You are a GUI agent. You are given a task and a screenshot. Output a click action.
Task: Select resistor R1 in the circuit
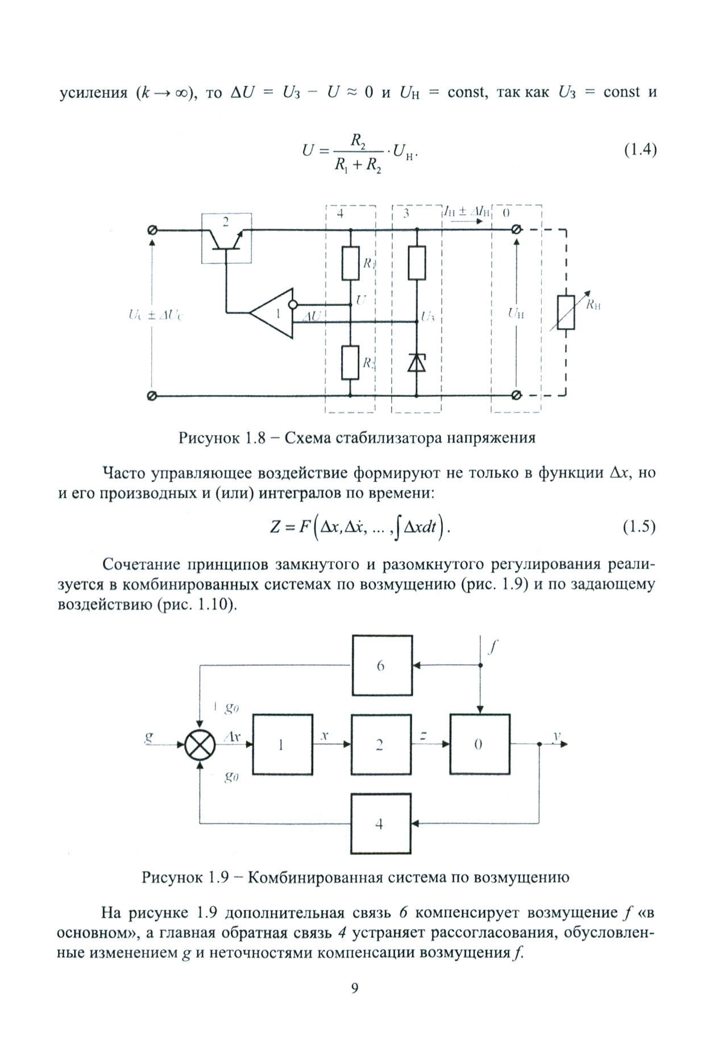click(x=350, y=263)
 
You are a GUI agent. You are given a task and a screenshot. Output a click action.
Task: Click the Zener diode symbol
click(x=417, y=362)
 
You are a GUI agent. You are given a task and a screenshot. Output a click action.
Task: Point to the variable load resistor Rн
click(x=566, y=312)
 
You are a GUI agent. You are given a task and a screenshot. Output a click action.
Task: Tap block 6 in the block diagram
click(x=381, y=665)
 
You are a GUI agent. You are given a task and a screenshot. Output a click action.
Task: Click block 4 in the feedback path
click(x=380, y=823)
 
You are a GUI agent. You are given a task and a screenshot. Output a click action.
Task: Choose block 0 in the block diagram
click(x=479, y=744)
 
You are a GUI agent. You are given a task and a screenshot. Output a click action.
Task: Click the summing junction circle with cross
click(x=200, y=744)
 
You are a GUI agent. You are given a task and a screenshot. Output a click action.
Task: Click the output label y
click(x=555, y=736)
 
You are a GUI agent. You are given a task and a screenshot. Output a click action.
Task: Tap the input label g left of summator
click(x=150, y=738)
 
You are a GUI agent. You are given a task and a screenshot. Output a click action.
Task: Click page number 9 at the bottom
click(x=354, y=1004)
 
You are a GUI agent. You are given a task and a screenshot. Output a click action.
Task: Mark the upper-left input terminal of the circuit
click(x=152, y=230)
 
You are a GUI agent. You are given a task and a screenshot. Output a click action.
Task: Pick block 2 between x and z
click(x=380, y=744)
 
